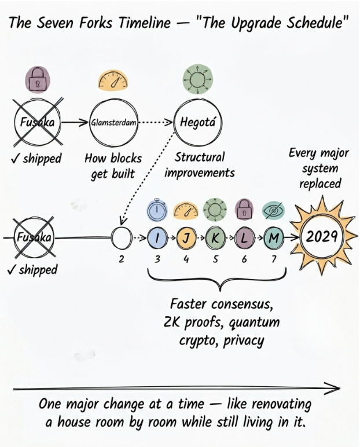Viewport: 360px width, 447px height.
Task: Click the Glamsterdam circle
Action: [x=113, y=122]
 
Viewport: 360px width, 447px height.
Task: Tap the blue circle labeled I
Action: [x=157, y=237]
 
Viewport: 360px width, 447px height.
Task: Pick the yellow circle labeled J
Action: [x=186, y=237]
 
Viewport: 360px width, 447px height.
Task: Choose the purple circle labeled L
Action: [x=244, y=237]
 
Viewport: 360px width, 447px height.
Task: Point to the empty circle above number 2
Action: [x=121, y=237]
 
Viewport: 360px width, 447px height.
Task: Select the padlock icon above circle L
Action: [x=244, y=210]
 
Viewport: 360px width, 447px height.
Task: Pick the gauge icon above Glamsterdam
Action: [x=113, y=81]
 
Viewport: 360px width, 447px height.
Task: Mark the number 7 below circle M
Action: [x=273, y=259]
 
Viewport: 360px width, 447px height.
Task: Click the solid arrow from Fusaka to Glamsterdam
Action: [x=75, y=122]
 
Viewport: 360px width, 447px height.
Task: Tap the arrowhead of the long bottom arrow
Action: [x=334, y=387]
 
